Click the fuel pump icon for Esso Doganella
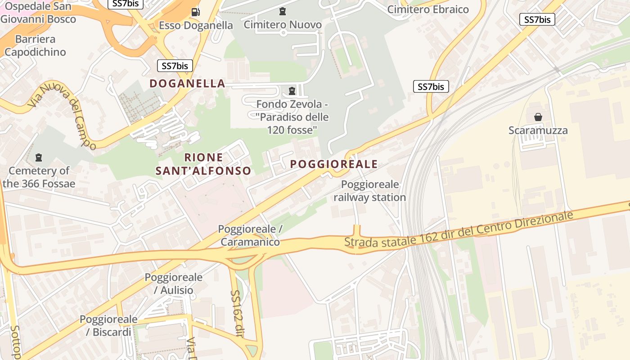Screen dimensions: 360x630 (x=195, y=12)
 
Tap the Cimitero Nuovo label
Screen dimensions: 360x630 (x=283, y=25)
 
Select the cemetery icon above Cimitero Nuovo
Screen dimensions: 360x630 (x=283, y=11)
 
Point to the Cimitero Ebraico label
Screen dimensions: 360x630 (x=428, y=9)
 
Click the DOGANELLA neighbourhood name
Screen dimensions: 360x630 (x=187, y=83)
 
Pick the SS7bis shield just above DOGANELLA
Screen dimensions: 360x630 (x=175, y=66)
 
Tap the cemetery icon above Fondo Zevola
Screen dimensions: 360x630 (x=292, y=90)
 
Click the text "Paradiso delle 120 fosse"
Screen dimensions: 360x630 (x=292, y=124)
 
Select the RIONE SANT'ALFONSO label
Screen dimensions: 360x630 (x=203, y=164)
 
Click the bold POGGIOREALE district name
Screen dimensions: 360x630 (x=334, y=164)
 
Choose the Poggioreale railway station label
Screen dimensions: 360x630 (x=370, y=191)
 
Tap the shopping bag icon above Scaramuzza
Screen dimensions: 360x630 (x=538, y=117)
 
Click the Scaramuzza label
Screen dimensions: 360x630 (x=538, y=130)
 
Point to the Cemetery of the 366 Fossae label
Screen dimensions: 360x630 (x=39, y=177)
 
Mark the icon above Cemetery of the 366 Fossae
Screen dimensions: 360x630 (x=39, y=157)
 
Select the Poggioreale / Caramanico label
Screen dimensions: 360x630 (x=250, y=235)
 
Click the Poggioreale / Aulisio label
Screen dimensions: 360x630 (x=173, y=283)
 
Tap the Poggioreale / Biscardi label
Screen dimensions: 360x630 (x=108, y=326)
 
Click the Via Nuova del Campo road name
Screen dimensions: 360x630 (x=62, y=115)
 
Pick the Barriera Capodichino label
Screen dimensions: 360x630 (x=35, y=45)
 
